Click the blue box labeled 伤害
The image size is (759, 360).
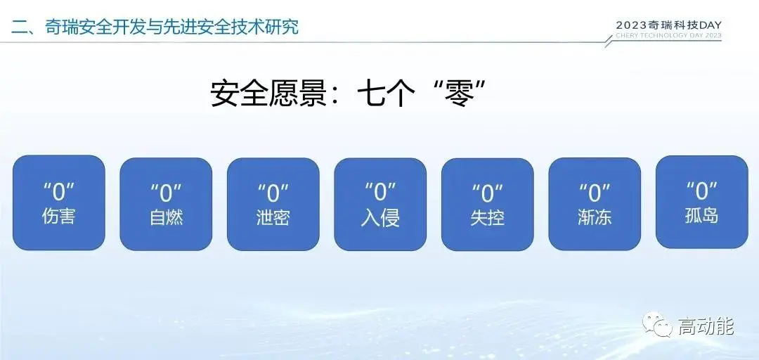(58, 203)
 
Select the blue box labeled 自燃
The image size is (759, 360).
(166, 204)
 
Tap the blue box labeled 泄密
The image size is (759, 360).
(273, 204)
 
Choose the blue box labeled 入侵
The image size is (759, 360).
(380, 204)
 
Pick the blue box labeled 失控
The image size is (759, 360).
(488, 204)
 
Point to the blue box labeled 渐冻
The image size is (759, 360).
(595, 204)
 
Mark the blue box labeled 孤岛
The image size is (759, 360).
(702, 202)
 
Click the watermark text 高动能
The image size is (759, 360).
(706, 326)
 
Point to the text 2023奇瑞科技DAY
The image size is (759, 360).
(668, 25)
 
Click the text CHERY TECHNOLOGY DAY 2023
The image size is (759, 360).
(668, 35)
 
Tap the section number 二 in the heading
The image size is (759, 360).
(20, 27)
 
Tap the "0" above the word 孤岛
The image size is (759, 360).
(702, 191)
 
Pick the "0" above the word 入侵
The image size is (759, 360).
(380, 192)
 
